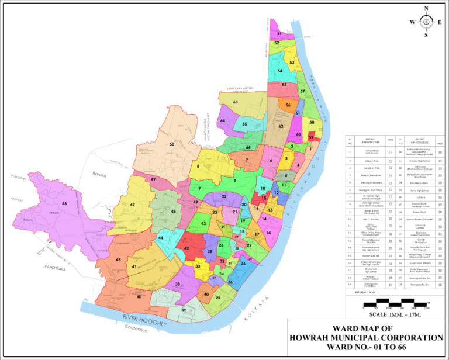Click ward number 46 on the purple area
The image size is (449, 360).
[x=64, y=204]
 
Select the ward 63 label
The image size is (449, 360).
[x=235, y=102]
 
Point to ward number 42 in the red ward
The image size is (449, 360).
[x=186, y=248]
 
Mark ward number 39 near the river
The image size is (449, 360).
[x=184, y=310]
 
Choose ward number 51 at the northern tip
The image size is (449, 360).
[x=279, y=34]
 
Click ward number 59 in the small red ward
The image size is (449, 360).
[x=312, y=137]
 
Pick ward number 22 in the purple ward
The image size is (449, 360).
[x=223, y=196]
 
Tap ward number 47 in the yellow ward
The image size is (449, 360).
[x=133, y=205]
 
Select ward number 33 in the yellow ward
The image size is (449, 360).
[x=198, y=266]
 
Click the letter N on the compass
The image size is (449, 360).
[x=426, y=8]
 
